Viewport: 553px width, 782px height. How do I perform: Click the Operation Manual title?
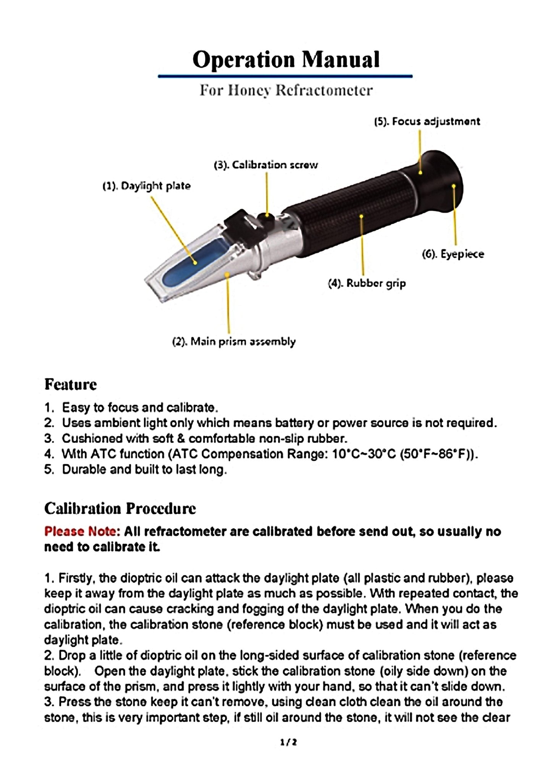(x=286, y=60)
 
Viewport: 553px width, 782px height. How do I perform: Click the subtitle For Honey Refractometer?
(x=286, y=91)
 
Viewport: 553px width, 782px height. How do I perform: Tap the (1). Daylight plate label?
(x=146, y=186)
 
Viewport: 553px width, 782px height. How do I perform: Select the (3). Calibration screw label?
(x=265, y=165)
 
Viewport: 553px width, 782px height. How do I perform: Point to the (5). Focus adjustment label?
(x=427, y=122)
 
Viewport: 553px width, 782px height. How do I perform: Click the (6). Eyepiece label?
(x=453, y=254)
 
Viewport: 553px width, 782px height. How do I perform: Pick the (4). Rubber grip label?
(x=367, y=283)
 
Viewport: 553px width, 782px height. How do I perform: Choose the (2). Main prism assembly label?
(x=234, y=341)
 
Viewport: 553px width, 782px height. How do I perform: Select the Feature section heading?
(x=70, y=384)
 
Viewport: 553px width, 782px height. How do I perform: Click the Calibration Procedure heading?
(x=120, y=509)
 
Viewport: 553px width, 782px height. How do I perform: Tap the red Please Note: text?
(x=82, y=532)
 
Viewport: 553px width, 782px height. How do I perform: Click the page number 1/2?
(x=288, y=742)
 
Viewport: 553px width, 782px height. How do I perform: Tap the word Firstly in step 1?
(x=75, y=578)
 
